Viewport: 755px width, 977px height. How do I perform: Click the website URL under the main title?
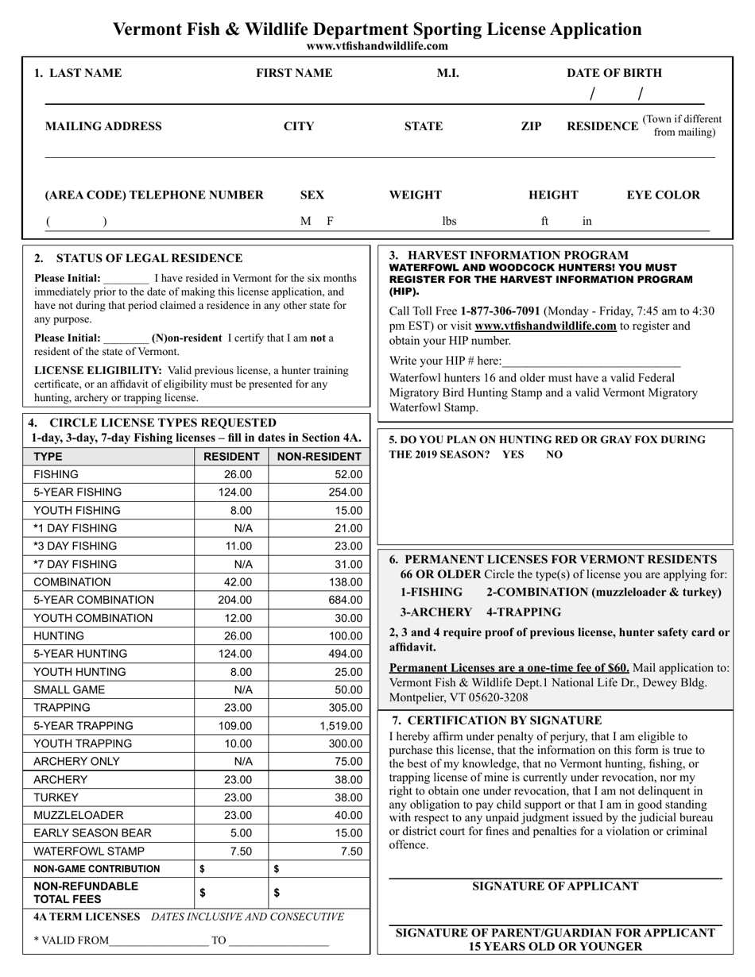[377, 46]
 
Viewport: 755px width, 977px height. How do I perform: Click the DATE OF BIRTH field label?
[614, 73]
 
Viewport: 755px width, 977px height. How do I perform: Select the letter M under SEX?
[305, 222]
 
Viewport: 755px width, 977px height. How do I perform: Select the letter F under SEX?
[331, 222]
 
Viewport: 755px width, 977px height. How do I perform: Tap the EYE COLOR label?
[664, 195]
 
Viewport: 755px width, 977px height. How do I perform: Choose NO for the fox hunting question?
[554, 454]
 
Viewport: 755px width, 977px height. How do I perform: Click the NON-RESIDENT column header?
[319, 457]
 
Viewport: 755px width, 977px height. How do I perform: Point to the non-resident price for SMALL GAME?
[348, 689]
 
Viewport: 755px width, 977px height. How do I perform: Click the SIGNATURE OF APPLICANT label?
[555, 886]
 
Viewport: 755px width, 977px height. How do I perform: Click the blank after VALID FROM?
[158, 941]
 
